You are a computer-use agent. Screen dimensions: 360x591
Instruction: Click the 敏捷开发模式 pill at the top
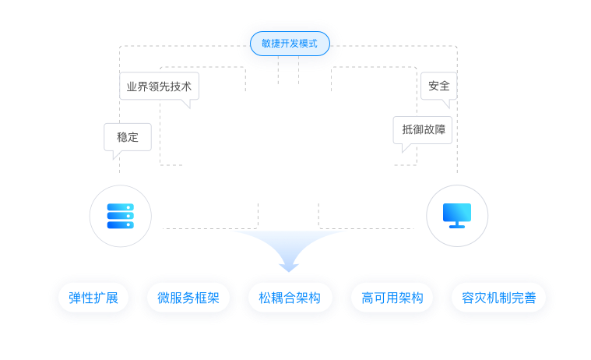(290, 44)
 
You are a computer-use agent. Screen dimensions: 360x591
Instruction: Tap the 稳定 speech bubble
(128, 136)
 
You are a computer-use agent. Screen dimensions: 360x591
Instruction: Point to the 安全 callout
(438, 86)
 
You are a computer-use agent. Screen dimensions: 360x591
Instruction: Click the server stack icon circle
(120, 216)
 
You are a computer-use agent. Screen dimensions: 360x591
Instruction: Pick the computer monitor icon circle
(457, 216)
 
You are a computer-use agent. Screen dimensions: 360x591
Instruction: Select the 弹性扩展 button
(93, 298)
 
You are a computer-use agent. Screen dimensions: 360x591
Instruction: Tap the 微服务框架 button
(188, 298)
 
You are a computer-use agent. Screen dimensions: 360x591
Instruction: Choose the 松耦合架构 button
(290, 298)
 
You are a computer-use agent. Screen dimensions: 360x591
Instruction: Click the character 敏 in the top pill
(266, 44)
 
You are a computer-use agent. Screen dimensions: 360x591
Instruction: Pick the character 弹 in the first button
(75, 298)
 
